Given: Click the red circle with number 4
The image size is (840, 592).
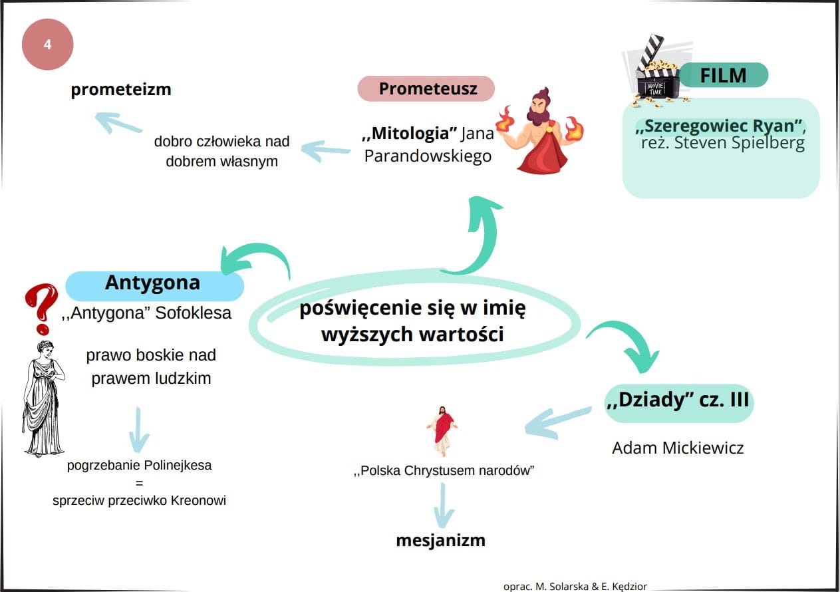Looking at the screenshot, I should pyautogui.click(x=47, y=45).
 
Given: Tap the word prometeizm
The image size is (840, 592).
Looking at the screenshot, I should pyautogui.click(x=121, y=89).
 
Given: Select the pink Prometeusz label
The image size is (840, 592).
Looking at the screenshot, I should pyautogui.click(x=426, y=88).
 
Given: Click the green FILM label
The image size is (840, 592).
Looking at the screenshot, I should pyautogui.click(x=723, y=75).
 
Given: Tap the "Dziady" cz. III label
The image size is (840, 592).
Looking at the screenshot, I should pyautogui.click(x=678, y=400).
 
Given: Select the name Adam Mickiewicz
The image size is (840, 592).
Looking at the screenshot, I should pyautogui.click(x=678, y=448).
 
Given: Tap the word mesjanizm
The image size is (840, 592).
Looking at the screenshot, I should pyautogui.click(x=440, y=540).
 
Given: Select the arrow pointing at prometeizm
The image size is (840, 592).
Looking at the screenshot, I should pyautogui.click(x=118, y=123).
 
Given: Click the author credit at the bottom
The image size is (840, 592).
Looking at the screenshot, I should pyautogui.click(x=575, y=586).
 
